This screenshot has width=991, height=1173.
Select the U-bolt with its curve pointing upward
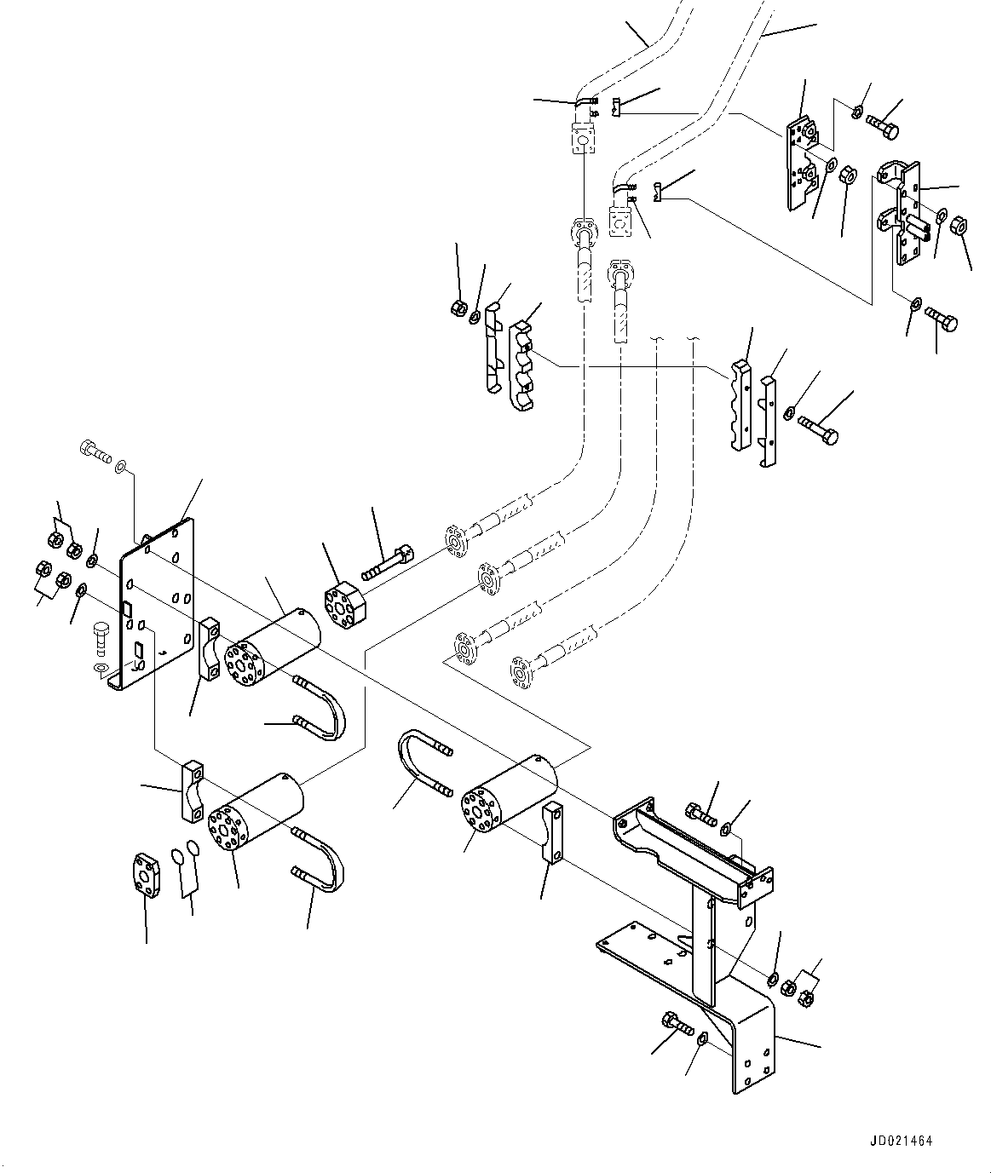425,762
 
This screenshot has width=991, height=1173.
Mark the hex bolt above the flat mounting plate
95,451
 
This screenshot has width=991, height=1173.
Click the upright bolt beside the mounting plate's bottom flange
100,638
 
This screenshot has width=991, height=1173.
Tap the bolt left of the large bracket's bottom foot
679,1024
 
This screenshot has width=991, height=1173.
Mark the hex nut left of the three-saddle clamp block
459,307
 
